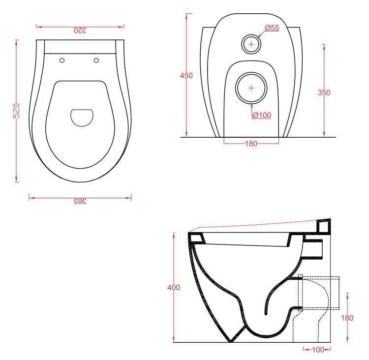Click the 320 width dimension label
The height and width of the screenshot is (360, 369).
click(80, 30)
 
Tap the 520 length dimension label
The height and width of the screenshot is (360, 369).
click(16, 111)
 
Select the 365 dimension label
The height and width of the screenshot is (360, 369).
click(80, 202)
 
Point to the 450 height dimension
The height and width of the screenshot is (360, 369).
click(186, 76)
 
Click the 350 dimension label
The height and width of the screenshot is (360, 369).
click(324, 92)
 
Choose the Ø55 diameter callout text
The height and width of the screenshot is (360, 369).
click(272, 28)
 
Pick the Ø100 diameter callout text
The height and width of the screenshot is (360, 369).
click(262, 115)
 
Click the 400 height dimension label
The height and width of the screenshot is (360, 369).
click(174, 287)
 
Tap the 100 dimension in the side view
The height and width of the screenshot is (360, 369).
click(318, 350)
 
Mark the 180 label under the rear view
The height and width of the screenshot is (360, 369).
click(251, 144)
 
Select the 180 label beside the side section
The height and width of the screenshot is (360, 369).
click(347, 318)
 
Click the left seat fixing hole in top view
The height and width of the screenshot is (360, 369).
click(62, 60)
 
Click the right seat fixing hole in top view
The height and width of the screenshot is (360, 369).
click(96, 60)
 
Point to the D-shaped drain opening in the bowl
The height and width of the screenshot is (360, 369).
click(82, 118)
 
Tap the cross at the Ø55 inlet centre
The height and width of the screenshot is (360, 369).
click(251, 44)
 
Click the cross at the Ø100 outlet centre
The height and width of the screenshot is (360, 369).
click(251, 88)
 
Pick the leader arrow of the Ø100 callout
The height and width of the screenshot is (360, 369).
click(251, 110)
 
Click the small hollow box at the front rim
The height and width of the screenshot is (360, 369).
click(196, 239)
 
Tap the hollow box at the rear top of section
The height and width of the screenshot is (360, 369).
click(324, 226)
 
